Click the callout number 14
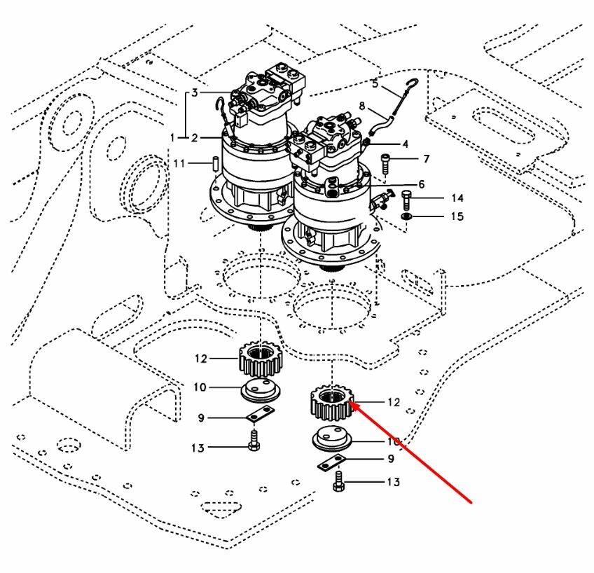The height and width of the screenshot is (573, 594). tap(456, 198)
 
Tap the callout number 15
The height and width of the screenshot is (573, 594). tap(456, 216)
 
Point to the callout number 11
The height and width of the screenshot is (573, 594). tap(179, 163)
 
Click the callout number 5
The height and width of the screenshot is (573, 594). tap(375, 84)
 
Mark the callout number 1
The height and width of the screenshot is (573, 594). tap(173, 137)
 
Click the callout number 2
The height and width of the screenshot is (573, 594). tap(195, 137)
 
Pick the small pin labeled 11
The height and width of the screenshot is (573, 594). tap(216, 163)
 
